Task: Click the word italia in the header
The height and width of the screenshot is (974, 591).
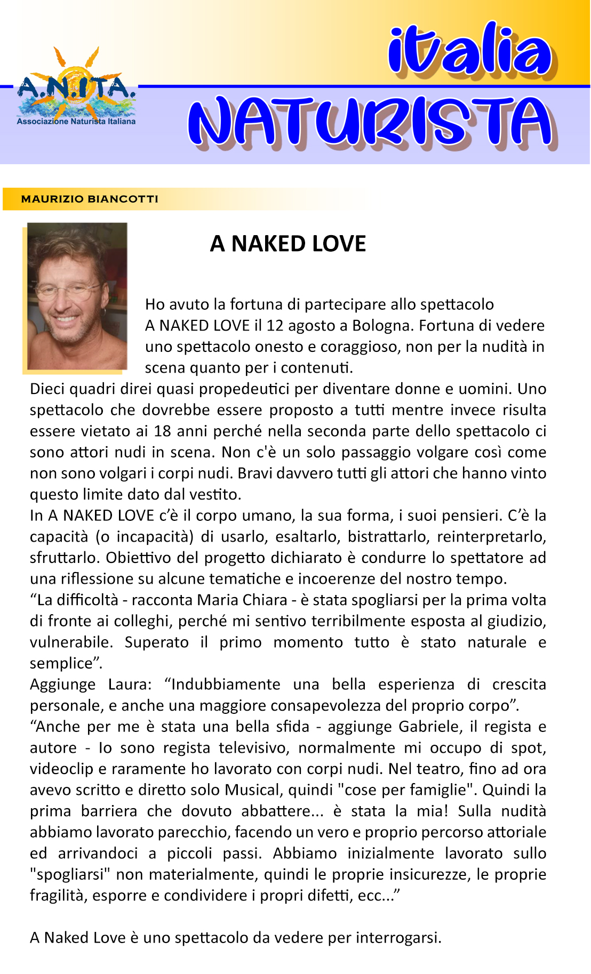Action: click(x=469, y=50)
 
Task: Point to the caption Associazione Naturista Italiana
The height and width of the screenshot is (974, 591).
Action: click(x=76, y=122)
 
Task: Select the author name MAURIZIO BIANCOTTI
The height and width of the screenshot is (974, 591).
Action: click(x=90, y=199)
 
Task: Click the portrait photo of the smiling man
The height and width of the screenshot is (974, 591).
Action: click(x=77, y=296)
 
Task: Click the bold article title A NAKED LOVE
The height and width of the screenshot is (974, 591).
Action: click(x=288, y=244)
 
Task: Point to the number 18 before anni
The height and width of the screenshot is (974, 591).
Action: click(x=163, y=431)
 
